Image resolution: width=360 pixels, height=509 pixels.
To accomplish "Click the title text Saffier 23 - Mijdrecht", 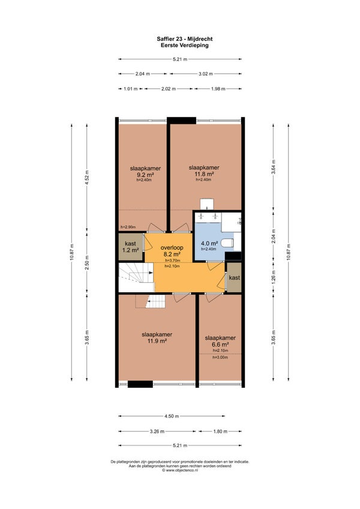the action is pos(184,39).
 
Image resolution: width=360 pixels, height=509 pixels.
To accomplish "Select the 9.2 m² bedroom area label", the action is pos(145,175).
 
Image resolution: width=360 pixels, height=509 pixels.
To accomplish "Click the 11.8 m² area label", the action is pos(204,173).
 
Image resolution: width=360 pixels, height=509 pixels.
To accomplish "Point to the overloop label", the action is pos(172,248).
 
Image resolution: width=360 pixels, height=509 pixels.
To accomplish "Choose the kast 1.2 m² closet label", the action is pos(130,247).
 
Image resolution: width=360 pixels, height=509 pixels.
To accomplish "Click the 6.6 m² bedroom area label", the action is pos(220,345).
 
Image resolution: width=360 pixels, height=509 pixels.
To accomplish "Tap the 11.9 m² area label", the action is pos(157,341).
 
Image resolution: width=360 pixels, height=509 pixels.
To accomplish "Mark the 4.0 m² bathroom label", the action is pos(209,244).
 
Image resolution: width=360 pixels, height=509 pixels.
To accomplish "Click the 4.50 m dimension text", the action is pos(172,416).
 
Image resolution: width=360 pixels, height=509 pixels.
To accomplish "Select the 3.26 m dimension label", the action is pos(157,432).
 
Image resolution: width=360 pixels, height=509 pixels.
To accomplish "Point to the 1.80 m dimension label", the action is pos(220,432).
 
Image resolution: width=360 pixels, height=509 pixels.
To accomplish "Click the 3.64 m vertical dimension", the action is pos(274,167).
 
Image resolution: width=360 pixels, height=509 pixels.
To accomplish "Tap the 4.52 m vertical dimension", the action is pos(86,178).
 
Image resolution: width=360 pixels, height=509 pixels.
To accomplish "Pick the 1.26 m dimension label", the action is pos(274,277).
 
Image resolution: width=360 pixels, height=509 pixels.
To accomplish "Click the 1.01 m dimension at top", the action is pos(130,89).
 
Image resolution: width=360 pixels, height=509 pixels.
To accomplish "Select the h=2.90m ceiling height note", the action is pos(128,227).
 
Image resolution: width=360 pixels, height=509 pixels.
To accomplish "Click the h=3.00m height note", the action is pos(220,357).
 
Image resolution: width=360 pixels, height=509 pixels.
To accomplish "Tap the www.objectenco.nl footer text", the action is pos(180,470).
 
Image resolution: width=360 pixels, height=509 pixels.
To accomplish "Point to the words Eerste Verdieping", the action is pos(184,45).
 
